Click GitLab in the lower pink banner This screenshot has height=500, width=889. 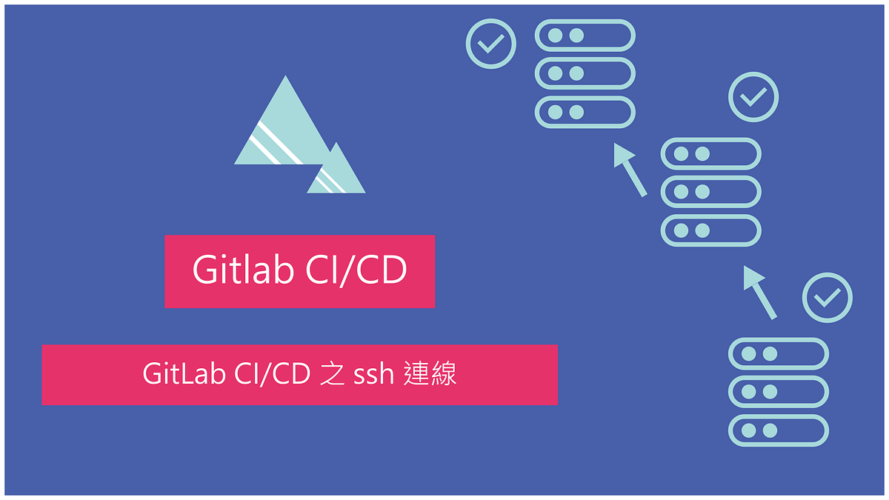[184, 374]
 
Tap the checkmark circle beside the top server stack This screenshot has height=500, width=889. [490, 44]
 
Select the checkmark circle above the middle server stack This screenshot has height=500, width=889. [753, 96]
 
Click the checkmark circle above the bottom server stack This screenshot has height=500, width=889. [828, 298]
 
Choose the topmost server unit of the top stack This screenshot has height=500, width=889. [585, 36]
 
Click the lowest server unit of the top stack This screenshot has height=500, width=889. [585, 113]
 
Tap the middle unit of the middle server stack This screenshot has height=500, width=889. [710, 192]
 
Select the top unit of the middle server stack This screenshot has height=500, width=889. [710, 154]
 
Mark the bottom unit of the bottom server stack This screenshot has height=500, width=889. [778, 430]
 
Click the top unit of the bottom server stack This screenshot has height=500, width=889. [778, 353]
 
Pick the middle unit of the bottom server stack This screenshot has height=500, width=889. [778, 392]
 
